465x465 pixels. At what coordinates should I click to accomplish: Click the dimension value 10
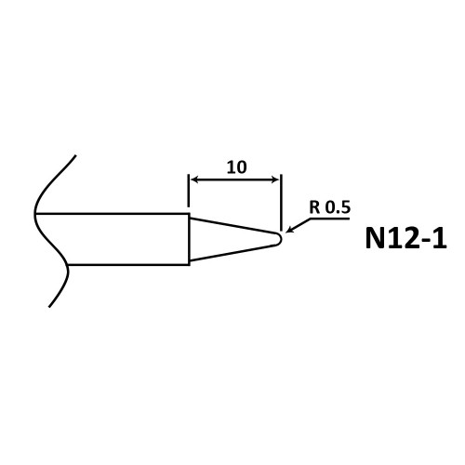coord(237,167)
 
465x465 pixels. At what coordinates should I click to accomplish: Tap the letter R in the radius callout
coord(314,207)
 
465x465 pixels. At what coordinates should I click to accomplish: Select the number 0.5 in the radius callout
coord(338,207)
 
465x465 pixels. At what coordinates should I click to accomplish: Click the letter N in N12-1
coord(376,238)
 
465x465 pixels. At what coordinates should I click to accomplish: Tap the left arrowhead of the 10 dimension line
coord(194,179)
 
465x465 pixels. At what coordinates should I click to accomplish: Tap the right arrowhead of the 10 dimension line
coord(275,179)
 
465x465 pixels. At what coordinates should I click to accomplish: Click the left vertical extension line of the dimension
coord(189,191)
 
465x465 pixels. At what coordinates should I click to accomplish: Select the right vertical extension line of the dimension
coord(281,203)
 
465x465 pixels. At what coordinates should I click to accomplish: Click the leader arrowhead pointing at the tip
coord(290,230)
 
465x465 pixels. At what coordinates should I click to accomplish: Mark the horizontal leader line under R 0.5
coord(329,219)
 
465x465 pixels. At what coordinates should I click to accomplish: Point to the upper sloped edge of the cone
coord(232,225)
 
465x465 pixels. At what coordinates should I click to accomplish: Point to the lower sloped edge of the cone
coord(232,253)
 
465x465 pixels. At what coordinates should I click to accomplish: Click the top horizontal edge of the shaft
coord(112,214)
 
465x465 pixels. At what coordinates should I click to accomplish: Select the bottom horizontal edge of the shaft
coord(128,265)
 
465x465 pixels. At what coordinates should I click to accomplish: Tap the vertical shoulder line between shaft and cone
coord(190,239)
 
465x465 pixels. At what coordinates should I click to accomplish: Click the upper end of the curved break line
coord(75,155)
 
